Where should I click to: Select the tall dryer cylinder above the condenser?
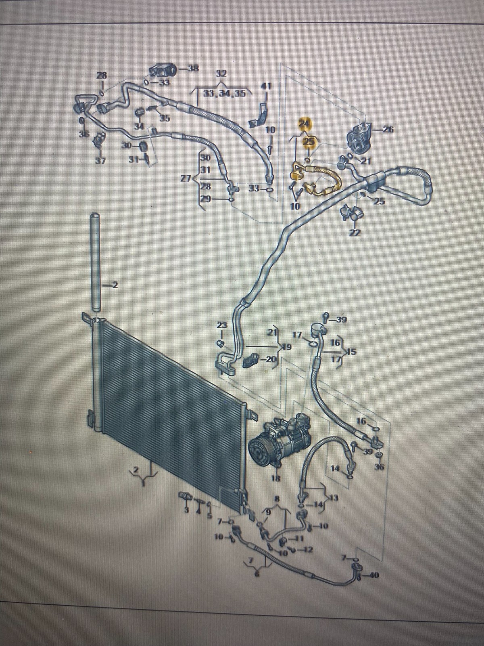pyautogui.click(x=96, y=262)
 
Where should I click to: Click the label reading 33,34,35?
pyautogui.click(x=223, y=93)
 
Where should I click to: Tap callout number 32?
pyautogui.click(x=221, y=74)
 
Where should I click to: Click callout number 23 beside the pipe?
pyautogui.click(x=222, y=325)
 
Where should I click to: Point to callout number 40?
pyautogui.click(x=375, y=575)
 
